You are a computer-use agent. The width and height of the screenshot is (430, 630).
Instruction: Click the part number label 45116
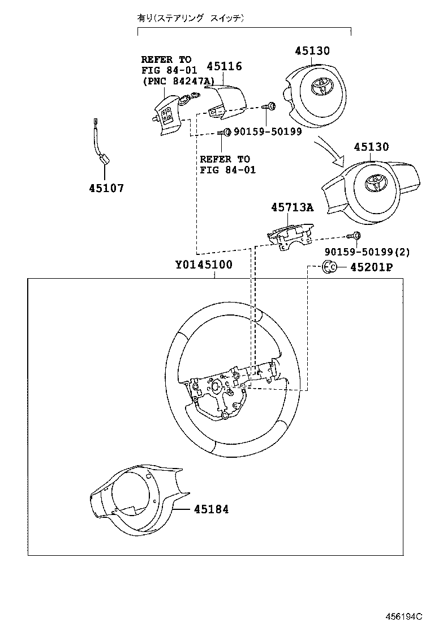click(x=224, y=67)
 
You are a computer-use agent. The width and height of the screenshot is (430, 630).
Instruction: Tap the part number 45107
click(x=106, y=188)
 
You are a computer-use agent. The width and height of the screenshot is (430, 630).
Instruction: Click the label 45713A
click(x=292, y=208)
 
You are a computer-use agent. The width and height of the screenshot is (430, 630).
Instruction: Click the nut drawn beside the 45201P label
click(x=328, y=267)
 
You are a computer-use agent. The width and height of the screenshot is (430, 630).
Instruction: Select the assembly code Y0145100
click(x=203, y=265)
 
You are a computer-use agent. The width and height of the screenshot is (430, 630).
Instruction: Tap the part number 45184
click(x=211, y=509)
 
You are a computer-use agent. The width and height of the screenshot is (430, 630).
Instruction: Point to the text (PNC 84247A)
click(x=178, y=81)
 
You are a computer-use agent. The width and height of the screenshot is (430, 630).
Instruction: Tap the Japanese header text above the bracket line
click(x=191, y=19)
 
